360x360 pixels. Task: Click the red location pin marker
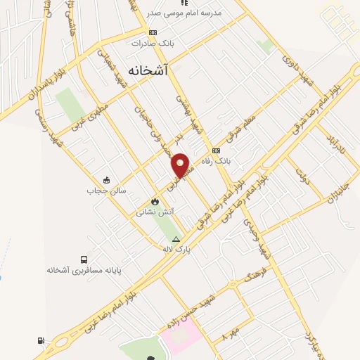click(181, 165)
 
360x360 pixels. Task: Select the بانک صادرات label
click(152, 43)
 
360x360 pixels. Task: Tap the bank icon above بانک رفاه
click(216, 150)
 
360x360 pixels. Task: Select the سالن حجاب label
click(105, 190)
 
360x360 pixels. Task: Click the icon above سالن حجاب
click(106, 179)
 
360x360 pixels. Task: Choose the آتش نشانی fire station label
click(155, 210)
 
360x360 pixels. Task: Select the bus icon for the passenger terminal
click(84, 259)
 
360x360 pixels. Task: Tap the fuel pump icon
click(40, 342)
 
